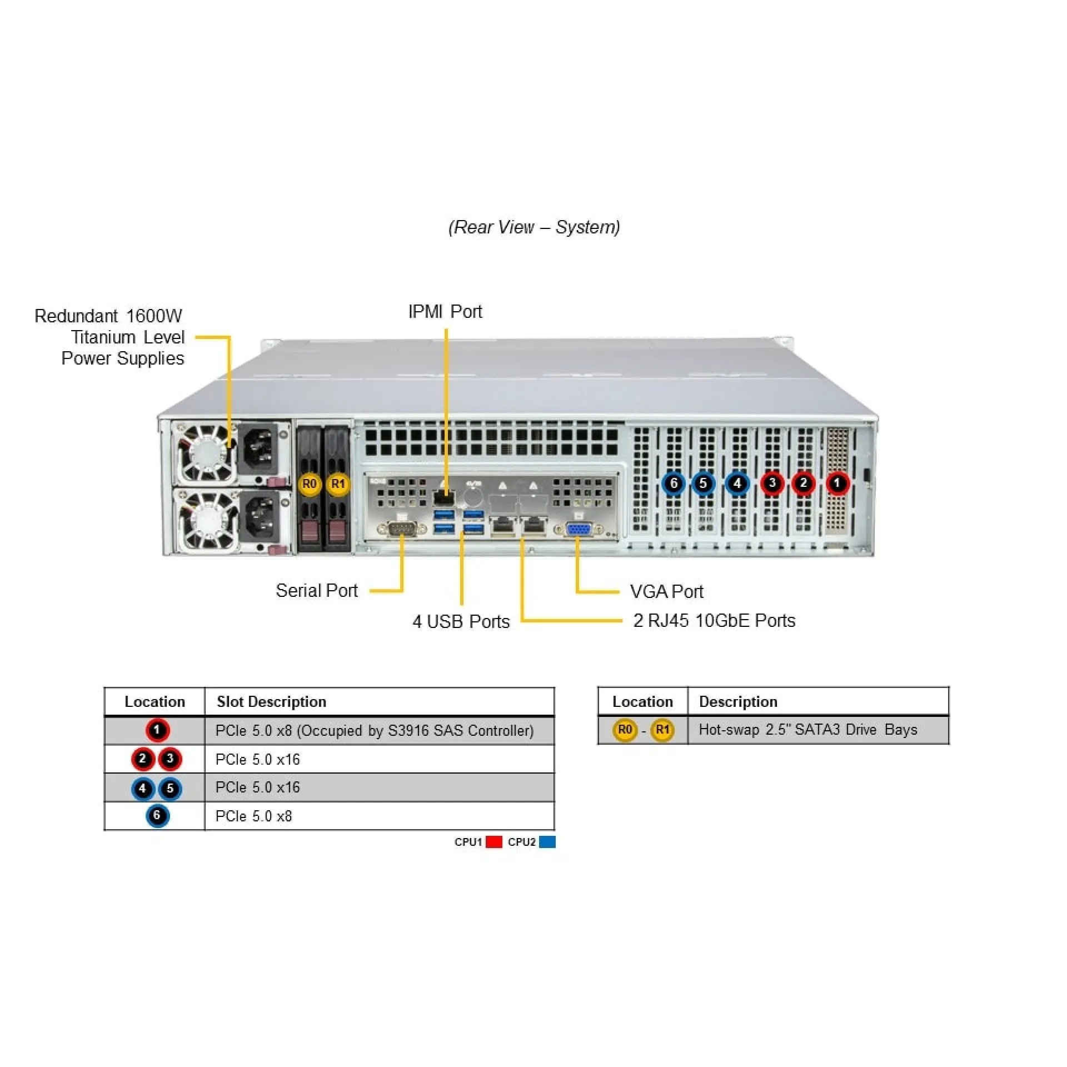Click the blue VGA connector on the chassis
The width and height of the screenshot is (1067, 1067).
(578, 529)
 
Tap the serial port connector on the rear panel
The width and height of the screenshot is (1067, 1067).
(401, 528)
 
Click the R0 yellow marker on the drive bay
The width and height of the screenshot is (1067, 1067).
(309, 484)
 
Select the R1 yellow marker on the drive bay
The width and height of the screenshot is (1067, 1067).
(338, 484)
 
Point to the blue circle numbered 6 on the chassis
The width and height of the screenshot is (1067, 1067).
(674, 483)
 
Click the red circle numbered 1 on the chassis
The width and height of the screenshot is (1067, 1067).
(837, 483)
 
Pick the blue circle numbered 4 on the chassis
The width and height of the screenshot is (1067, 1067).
(737, 483)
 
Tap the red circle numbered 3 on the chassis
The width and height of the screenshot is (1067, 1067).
(772, 483)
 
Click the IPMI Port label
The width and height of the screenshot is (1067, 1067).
(445, 312)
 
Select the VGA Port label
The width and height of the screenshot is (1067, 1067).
(666, 591)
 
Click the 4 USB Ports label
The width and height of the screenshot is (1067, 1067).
(461, 621)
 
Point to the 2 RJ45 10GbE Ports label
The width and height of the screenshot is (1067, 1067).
(714, 620)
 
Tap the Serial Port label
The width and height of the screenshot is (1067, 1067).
(317, 590)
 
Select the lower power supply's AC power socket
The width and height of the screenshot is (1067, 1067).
(260, 517)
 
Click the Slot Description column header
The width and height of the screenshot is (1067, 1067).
(271, 701)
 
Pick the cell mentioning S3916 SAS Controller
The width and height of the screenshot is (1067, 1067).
(375, 730)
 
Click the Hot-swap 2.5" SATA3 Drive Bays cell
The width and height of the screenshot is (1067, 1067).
(807, 729)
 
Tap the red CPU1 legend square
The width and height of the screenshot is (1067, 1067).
(493, 842)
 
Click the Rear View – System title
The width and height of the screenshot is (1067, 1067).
(534, 227)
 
